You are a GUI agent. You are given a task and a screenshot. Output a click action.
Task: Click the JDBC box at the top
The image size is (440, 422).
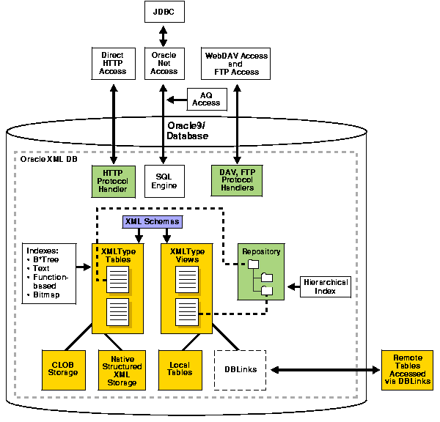click(164, 12)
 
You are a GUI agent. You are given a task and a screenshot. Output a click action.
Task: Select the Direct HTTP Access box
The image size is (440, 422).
click(113, 63)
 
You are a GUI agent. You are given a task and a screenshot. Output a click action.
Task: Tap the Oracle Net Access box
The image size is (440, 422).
click(164, 63)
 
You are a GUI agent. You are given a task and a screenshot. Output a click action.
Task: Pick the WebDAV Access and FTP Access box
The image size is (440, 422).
click(236, 63)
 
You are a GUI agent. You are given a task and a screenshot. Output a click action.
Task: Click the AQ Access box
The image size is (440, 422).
click(206, 99)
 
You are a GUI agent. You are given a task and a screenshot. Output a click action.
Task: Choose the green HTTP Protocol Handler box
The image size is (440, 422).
click(113, 180)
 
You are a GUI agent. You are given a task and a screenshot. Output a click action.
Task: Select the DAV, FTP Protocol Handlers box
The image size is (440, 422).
click(236, 180)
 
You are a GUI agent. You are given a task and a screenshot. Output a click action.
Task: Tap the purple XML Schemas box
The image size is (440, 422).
click(150, 221)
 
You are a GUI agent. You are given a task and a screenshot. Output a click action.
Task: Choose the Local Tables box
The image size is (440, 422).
click(180, 369)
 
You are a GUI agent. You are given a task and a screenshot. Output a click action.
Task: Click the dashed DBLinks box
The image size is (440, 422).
click(239, 369)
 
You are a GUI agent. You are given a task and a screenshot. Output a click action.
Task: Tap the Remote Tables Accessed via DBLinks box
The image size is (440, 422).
click(406, 369)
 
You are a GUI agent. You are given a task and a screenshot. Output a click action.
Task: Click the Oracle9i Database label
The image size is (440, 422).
click(188, 130)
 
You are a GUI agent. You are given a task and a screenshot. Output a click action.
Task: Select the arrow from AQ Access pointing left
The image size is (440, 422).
click(177, 100)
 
